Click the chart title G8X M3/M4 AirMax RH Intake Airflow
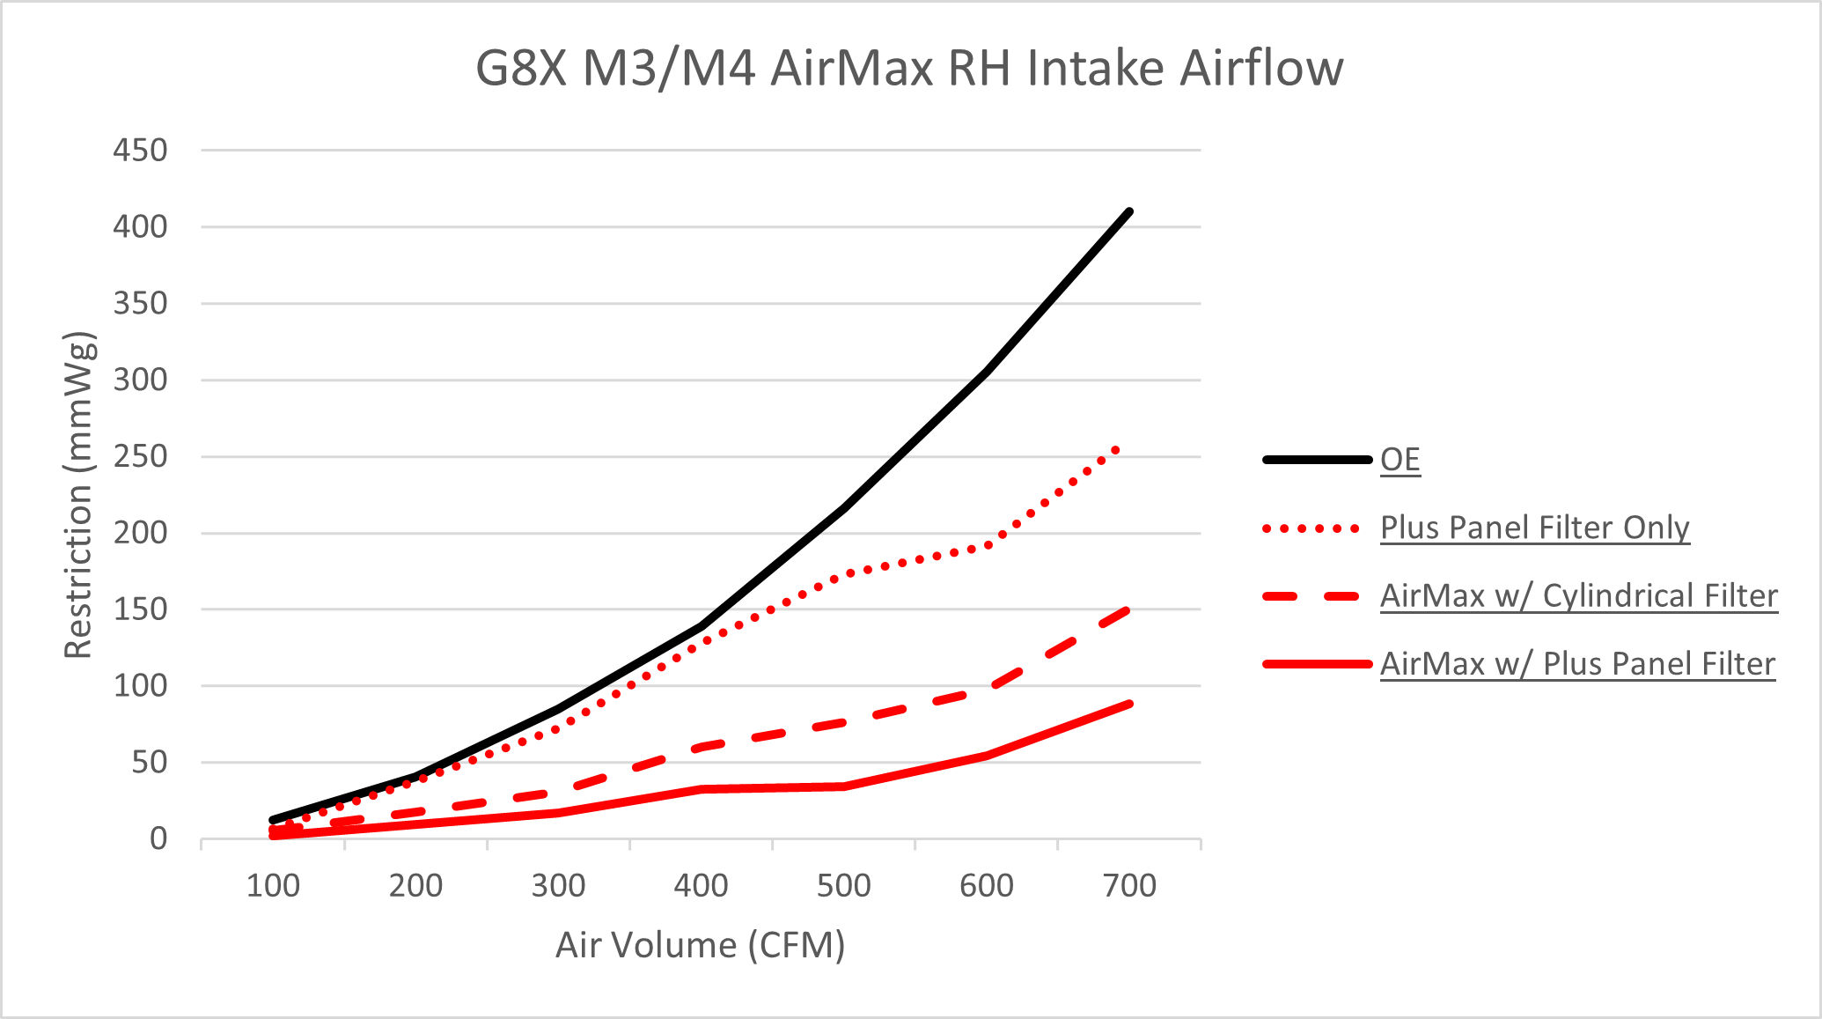coord(909,68)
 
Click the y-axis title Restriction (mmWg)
coord(78,495)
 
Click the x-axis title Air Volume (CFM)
coord(701,945)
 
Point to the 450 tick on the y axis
coord(140,150)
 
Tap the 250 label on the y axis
coord(140,456)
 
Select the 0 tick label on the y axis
coord(158,838)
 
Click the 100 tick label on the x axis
coord(273,885)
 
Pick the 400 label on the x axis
coord(701,885)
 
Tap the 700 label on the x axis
coord(1129,885)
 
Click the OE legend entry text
coord(1400,459)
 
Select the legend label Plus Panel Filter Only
coord(1534,528)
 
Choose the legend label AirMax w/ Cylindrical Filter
coord(1578,595)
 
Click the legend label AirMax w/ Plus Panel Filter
coord(1576,663)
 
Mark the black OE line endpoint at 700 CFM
coord(1129,211)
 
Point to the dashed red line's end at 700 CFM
coord(1128,609)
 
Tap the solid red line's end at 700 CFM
coord(1129,704)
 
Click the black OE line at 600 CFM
coord(987,372)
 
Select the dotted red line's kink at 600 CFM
coord(988,545)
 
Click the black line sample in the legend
coord(1317,459)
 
